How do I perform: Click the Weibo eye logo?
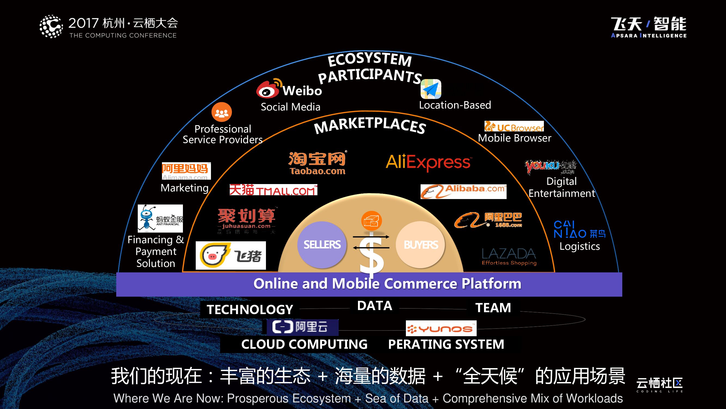coord(267,90)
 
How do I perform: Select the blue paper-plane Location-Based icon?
coord(431,89)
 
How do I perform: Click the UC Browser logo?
coord(514,127)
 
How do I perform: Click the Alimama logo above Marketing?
coord(186,171)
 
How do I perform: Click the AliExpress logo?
coord(428,162)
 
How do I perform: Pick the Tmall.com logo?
coord(273,190)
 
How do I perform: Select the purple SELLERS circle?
coord(322,244)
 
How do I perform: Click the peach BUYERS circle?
coord(421,244)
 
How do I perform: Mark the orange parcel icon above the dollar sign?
coord(372,221)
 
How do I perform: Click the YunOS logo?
coord(441,328)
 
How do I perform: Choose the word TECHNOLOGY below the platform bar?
coord(250,310)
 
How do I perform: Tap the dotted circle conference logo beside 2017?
coord(51,26)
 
